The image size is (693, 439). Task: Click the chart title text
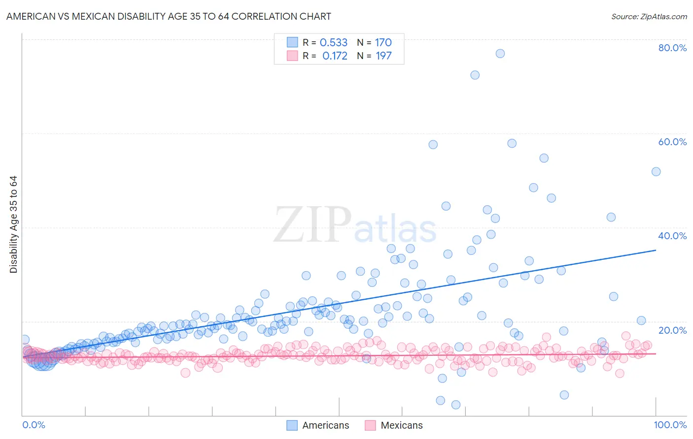(x=169, y=16)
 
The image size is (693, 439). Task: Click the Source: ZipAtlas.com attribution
(x=649, y=16)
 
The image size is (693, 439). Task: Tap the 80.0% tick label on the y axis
(x=672, y=48)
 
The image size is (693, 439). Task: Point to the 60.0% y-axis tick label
(x=672, y=142)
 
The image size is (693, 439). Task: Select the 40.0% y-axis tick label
(x=672, y=236)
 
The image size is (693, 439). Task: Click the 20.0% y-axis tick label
(x=672, y=330)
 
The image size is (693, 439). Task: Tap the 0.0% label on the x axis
(x=34, y=425)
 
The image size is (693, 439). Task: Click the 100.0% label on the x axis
(x=670, y=425)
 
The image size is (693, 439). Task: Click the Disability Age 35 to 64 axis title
(x=13, y=224)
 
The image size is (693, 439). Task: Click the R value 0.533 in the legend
(x=334, y=42)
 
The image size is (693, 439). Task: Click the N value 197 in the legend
(x=383, y=56)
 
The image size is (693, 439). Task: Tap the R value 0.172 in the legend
(x=335, y=56)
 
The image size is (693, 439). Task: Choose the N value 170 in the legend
(x=383, y=42)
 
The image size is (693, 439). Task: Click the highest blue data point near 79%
(x=500, y=54)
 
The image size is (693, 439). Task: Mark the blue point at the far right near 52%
(x=656, y=172)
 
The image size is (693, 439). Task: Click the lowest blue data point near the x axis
(x=456, y=405)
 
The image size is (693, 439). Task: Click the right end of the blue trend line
(x=656, y=251)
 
